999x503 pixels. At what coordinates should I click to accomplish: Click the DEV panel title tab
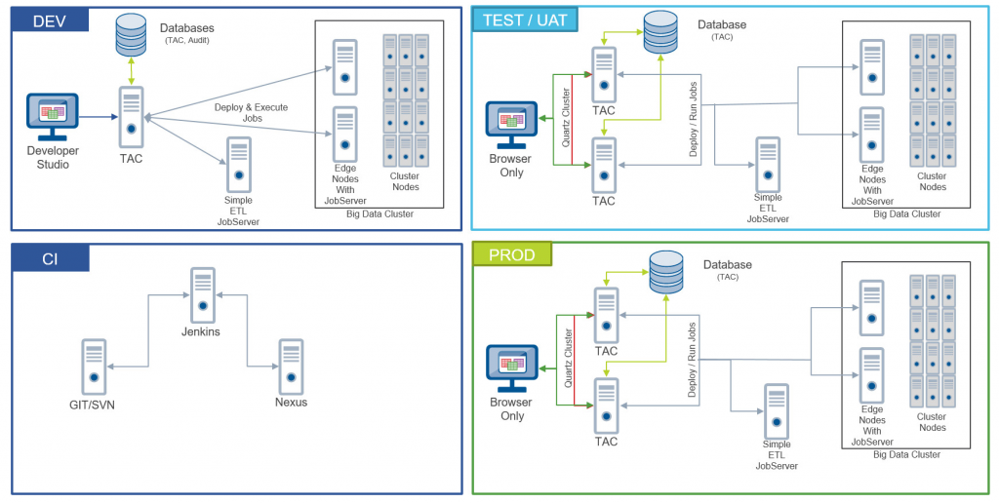pyautogui.click(x=50, y=20)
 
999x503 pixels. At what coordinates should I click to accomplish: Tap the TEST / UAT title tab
pyautogui.click(x=524, y=19)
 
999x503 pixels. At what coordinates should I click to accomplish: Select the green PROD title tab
pyautogui.click(x=512, y=254)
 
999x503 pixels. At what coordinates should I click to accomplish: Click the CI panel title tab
pyautogui.click(x=50, y=258)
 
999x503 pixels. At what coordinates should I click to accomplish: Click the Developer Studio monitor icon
pyautogui.click(x=53, y=117)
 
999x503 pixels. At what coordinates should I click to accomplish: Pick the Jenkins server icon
pyautogui.click(x=203, y=294)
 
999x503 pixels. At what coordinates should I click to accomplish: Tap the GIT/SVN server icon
pyautogui.click(x=94, y=367)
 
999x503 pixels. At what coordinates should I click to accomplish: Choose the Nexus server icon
pyautogui.click(x=291, y=367)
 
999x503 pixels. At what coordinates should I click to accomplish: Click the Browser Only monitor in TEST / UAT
pyautogui.click(x=511, y=125)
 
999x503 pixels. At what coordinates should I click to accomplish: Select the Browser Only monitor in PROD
pyautogui.click(x=511, y=368)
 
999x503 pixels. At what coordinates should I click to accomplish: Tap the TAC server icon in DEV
pyautogui.click(x=132, y=118)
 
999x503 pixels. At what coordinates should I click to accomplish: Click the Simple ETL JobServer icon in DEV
pyautogui.click(x=239, y=165)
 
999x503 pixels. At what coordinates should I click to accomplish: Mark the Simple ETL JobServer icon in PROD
pyautogui.click(x=776, y=411)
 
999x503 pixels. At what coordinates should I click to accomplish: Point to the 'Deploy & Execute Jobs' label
pyautogui.click(x=252, y=113)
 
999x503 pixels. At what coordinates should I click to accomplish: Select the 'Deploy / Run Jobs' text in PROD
pyautogui.click(x=693, y=360)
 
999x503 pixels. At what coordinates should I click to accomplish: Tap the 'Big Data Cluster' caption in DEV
pyautogui.click(x=380, y=213)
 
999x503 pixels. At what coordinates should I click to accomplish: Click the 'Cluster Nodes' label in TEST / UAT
pyautogui.click(x=932, y=181)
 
